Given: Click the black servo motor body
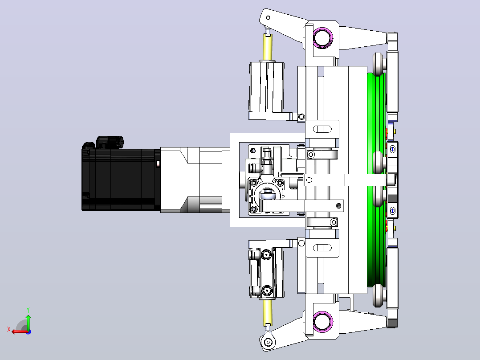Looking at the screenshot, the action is [121, 180].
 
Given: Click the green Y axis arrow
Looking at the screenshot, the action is [28, 322].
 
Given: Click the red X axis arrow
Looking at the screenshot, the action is [20, 331].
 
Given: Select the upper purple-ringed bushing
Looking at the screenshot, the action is [323, 38].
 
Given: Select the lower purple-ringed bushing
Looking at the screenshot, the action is [323, 321].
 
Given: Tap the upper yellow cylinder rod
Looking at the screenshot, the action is [267, 48].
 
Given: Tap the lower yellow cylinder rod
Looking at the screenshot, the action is [268, 312].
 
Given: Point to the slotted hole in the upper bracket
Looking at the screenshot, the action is [322, 129].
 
